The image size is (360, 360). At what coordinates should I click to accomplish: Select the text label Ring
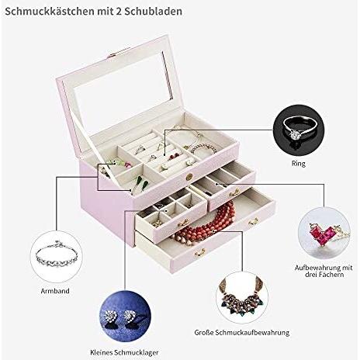pyautogui.click(x=299, y=164)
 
